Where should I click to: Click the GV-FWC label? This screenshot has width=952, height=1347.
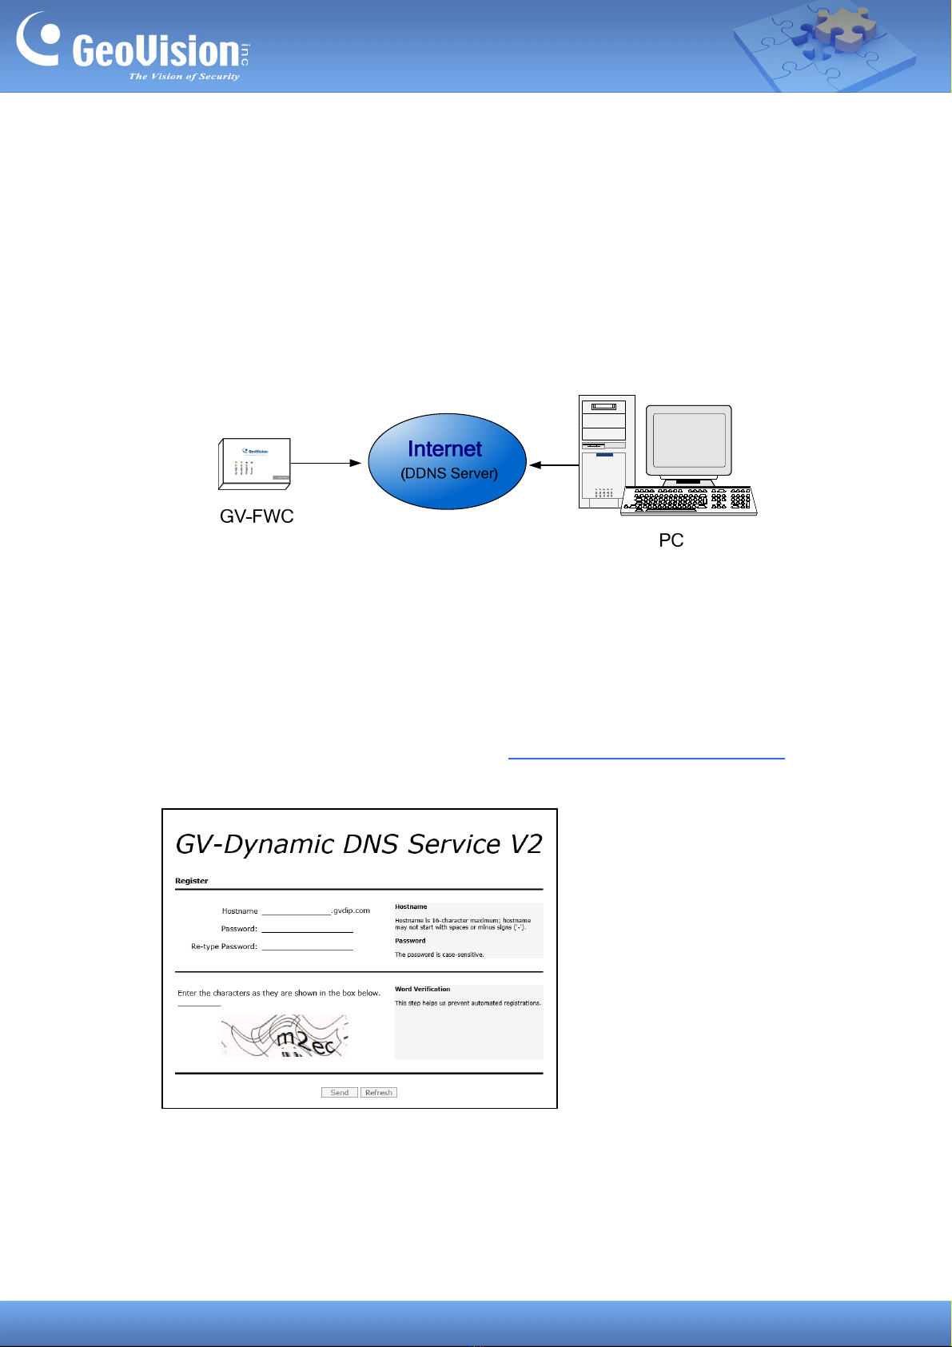[x=257, y=516]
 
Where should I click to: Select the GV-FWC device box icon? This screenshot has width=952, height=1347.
[x=255, y=463]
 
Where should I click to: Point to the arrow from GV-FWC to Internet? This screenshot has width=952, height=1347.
[x=325, y=463]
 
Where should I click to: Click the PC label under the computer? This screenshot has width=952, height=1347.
[x=671, y=540]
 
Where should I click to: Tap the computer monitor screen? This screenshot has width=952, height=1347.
[x=690, y=440]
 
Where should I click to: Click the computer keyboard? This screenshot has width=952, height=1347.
[x=688, y=500]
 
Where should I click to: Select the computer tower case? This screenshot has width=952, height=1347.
[x=607, y=452]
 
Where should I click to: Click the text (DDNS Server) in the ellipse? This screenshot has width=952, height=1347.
[x=449, y=473]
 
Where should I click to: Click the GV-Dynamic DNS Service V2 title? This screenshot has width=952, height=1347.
[x=359, y=844]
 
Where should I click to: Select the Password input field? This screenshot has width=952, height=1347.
[x=307, y=928]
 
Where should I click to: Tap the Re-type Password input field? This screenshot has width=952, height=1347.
[x=307, y=946]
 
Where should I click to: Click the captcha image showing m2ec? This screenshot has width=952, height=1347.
[x=285, y=1036]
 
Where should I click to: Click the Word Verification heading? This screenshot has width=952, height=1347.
[x=422, y=989]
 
